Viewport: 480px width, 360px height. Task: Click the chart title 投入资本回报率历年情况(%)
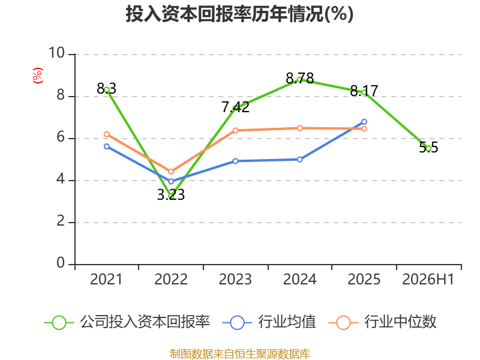[239, 14]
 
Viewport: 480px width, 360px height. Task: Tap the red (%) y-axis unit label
[38, 76]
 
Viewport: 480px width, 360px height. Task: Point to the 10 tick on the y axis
[57, 53]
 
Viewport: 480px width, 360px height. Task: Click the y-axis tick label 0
[61, 263]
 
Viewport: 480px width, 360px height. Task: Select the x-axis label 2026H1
[428, 280]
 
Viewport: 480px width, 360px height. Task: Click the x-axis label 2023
[235, 280]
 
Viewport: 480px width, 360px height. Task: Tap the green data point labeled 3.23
[171, 196]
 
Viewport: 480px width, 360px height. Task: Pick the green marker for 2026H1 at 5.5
[428, 149]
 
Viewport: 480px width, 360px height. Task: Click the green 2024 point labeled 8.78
[299, 80]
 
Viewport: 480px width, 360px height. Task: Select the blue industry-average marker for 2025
[364, 122]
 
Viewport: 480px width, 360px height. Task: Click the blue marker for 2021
[107, 146]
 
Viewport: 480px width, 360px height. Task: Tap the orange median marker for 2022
[171, 172]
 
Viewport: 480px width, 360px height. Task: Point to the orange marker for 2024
[299, 128]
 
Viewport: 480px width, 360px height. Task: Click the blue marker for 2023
[235, 161]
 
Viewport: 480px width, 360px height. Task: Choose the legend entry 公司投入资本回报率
[127, 322]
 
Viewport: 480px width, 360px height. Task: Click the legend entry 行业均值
[269, 322]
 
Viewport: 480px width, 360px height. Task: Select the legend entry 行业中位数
[382, 322]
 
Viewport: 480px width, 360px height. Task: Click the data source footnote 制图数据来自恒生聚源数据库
[239, 354]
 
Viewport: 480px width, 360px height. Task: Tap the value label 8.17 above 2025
[364, 91]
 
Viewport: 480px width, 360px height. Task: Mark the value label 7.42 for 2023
[235, 107]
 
